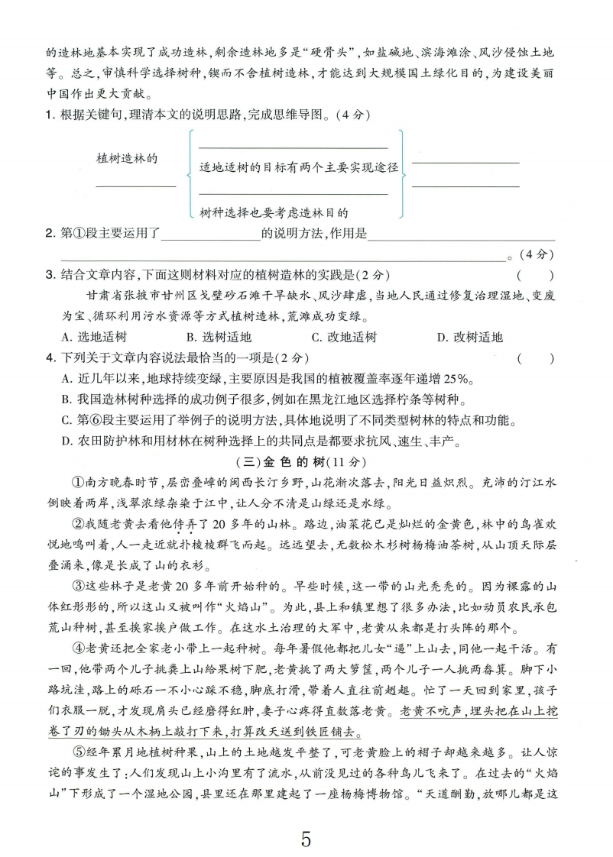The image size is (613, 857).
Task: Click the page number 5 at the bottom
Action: coord(306,819)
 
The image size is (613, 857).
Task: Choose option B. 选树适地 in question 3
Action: coord(218,337)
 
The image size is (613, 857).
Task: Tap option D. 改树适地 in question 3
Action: coord(469,337)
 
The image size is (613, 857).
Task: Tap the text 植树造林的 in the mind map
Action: coord(127,158)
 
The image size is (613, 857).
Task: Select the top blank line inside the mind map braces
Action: coord(293,147)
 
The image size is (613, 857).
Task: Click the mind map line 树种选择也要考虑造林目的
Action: coord(273,214)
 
